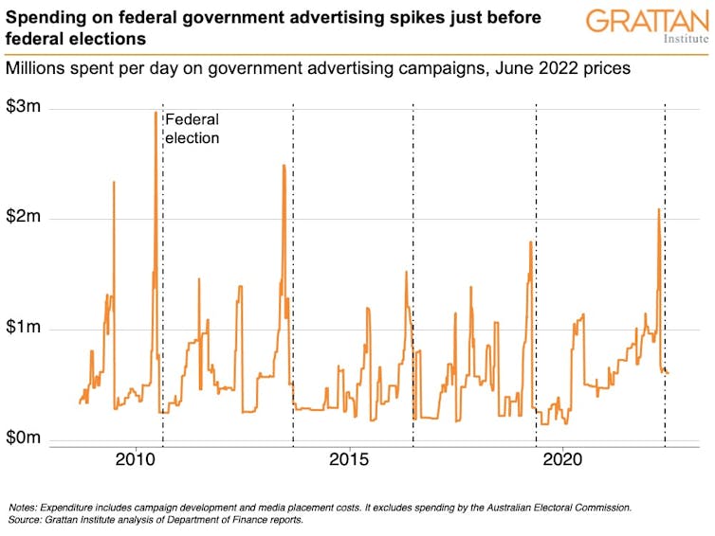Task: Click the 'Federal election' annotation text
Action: (192, 129)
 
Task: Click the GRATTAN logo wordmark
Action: (647, 20)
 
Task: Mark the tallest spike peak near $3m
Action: (156, 113)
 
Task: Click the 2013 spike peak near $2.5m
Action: (284, 166)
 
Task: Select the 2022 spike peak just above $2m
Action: (658, 209)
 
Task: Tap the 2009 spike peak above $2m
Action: (114, 182)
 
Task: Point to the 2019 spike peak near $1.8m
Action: (530, 242)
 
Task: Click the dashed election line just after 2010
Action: (163, 284)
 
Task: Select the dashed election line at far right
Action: (665, 284)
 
